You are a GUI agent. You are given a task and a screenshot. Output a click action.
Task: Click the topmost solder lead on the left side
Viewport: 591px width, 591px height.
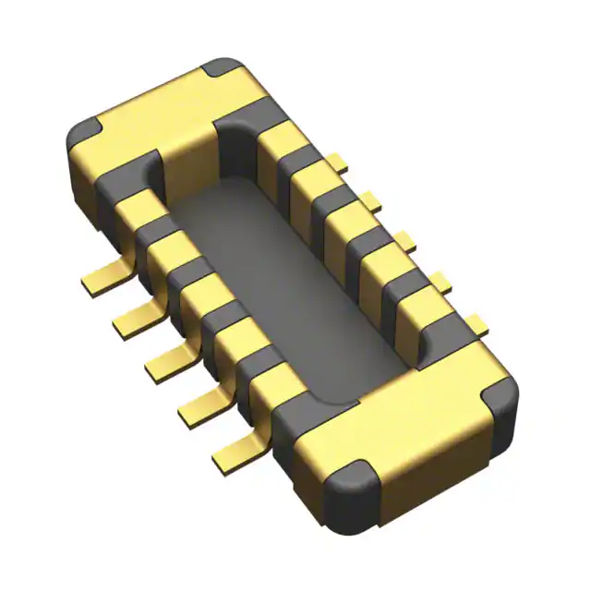click(x=103, y=277)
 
